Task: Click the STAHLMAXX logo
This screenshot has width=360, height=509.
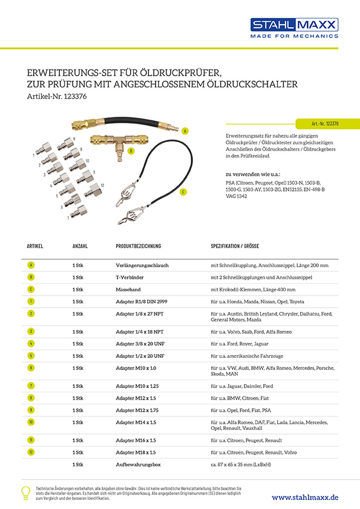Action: [x=294, y=28]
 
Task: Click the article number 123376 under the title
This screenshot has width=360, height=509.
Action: [x=76, y=96]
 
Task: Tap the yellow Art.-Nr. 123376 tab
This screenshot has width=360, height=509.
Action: [x=327, y=124]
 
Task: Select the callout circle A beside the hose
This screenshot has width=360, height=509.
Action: [x=185, y=131]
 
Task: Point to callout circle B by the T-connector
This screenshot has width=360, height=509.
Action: [x=131, y=151]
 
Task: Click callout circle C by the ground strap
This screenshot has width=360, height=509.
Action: [x=183, y=192]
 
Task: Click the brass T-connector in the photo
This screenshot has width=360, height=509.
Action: [x=119, y=143]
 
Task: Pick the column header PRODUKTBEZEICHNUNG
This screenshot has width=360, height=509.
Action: [x=139, y=246]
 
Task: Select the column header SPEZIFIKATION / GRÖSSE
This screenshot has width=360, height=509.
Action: [x=235, y=246]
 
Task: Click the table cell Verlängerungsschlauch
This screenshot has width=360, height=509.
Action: [x=142, y=265]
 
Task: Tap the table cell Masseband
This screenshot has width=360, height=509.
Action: [x=128, y=290]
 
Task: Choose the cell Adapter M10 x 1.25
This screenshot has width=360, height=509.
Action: [x=137, y=386]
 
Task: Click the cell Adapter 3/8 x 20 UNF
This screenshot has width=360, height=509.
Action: [x=140, y=344]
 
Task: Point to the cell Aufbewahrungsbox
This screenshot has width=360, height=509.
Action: [x=139, y=464]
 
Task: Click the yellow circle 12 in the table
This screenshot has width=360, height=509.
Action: [x=31, y=452]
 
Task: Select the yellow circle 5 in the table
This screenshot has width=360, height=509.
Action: [x=31, y=356]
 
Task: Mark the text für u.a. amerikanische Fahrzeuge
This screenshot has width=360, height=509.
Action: [x=247, y=356]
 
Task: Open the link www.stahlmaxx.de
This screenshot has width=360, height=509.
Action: [x=305, y=498]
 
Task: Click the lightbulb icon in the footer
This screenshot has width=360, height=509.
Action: [x=25, y=493]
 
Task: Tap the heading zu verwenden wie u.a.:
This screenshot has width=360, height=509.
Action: [x=253, y=174]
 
